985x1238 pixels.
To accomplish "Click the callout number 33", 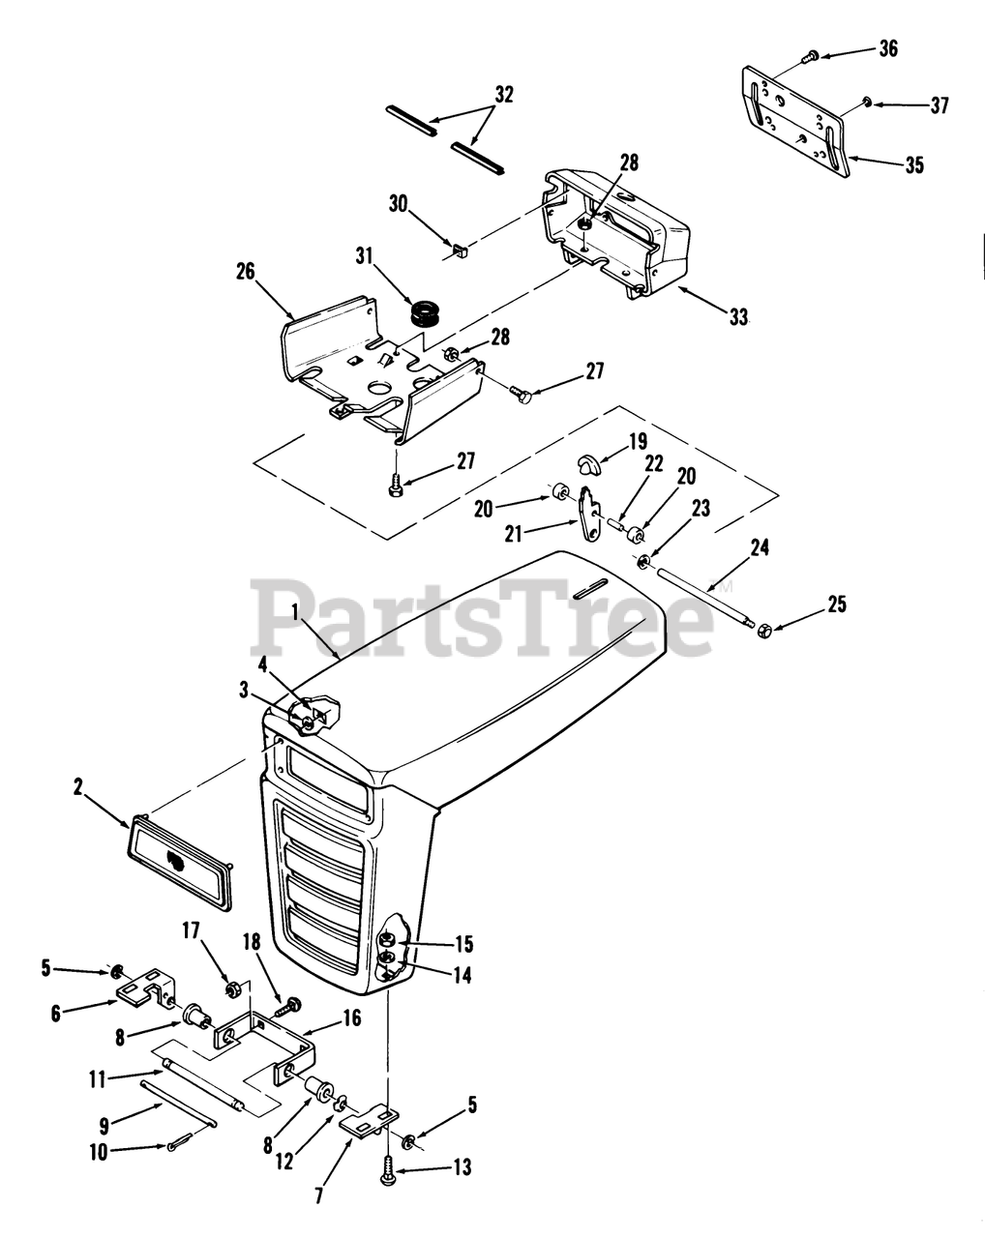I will pos(738,316).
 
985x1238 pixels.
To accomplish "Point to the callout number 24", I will pos(760,548).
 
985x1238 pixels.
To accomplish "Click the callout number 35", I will pos(913,165).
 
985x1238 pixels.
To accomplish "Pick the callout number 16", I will pos(350,1017).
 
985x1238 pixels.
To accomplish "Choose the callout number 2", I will pos(77,788).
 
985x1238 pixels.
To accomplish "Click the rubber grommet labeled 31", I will pos(420,312).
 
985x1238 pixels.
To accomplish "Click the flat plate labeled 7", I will pos(369,1120).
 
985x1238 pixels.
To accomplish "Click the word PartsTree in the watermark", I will pos(484,619).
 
